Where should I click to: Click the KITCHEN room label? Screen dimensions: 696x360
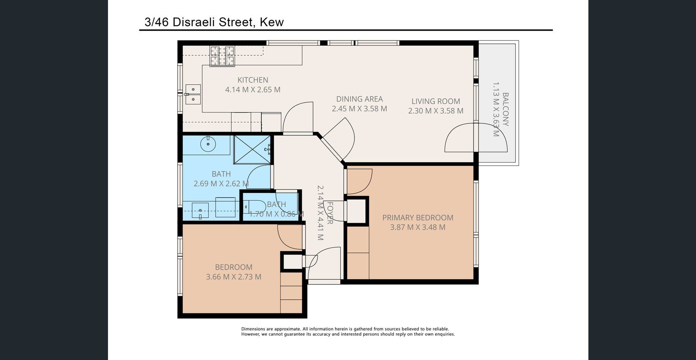253,80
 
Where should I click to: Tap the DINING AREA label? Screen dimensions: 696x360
359,99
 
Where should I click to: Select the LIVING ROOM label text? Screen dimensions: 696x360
436,101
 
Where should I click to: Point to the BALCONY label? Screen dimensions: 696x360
506,109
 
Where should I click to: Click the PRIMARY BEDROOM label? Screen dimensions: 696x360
418,218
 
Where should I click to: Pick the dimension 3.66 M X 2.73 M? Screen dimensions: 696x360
234,277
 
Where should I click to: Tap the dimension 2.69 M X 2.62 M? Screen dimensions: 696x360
221,183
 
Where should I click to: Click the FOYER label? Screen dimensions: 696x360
330,213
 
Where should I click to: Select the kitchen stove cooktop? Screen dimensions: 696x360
222,56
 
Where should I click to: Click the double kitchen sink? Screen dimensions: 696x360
193,94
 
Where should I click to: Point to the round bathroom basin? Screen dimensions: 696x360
208,145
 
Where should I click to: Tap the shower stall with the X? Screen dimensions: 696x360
252,149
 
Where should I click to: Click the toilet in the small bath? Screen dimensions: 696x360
255,207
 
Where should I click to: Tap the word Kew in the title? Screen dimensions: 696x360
272,22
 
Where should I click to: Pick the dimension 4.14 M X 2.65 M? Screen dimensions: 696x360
253,90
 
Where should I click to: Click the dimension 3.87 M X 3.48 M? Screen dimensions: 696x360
418,227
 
